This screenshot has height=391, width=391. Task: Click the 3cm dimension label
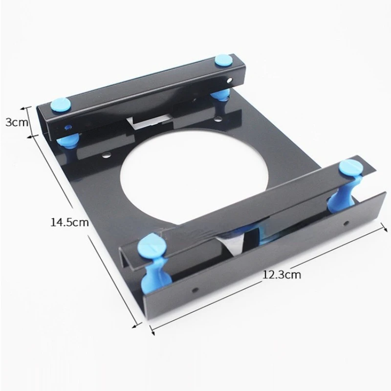tap(17, 122)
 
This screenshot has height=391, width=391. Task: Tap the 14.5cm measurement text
tap(69, 222)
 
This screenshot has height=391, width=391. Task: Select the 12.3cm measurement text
tap(282, 275)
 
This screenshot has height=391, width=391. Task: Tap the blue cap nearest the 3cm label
tap(61, 105)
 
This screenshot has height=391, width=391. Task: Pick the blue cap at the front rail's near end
tap(152, 246)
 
